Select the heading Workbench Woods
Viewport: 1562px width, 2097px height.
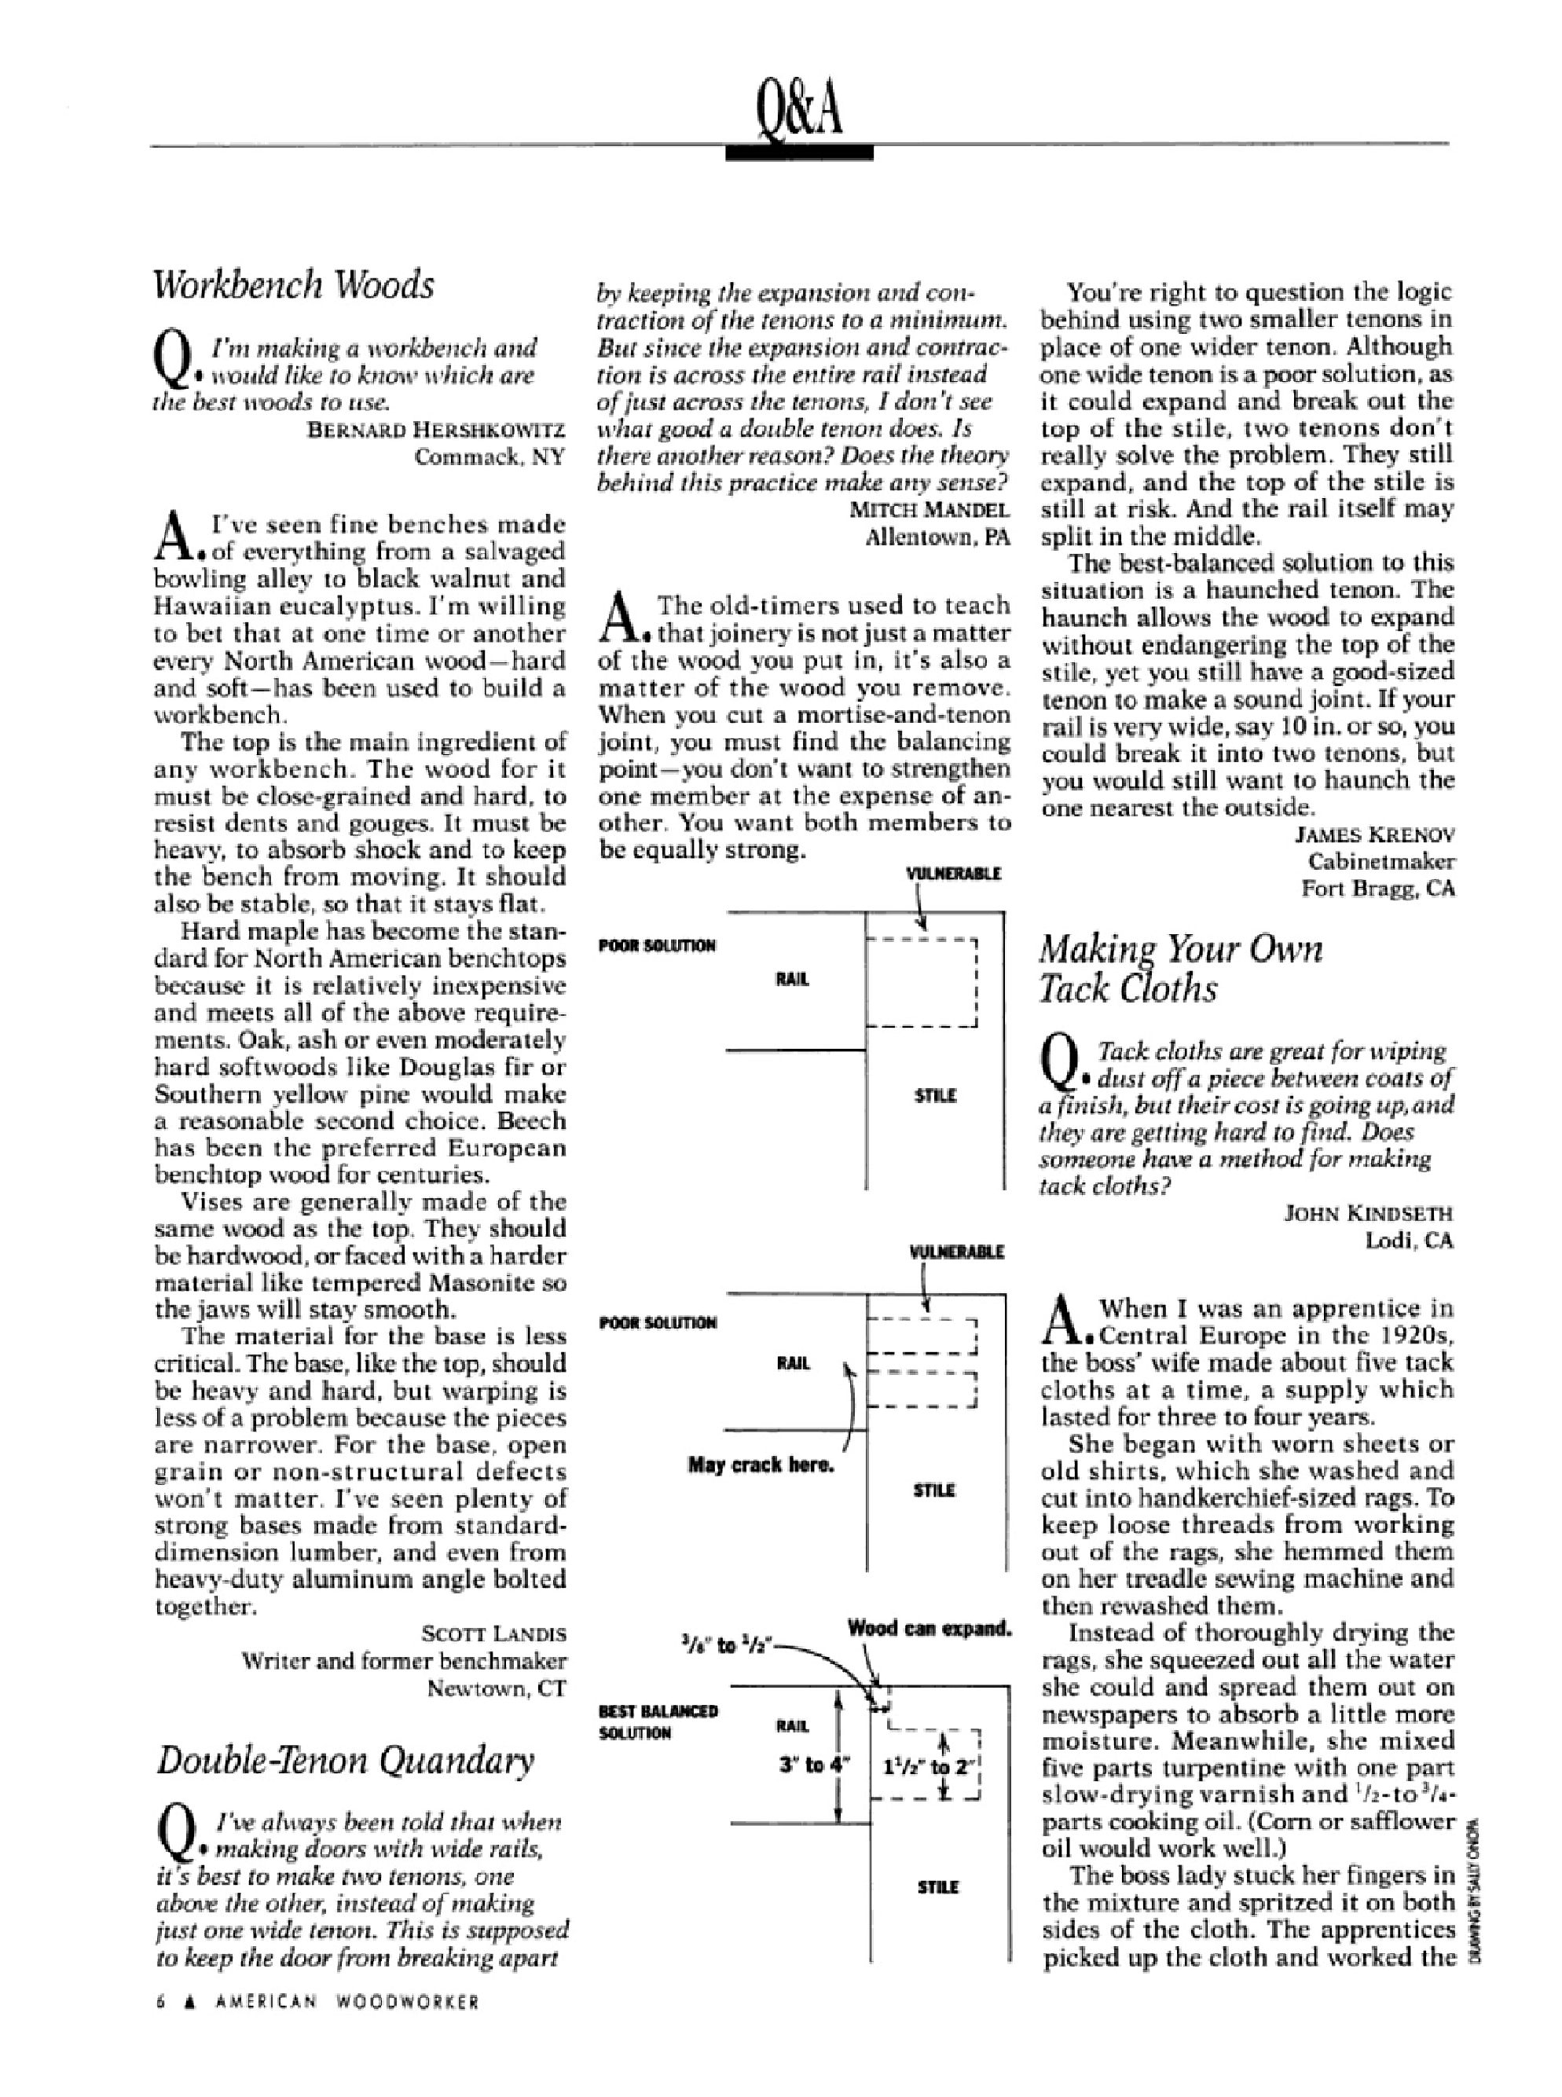pos(294,284)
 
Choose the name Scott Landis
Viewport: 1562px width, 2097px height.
pos(494,1633)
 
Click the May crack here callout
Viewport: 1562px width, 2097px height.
pos(761,1465)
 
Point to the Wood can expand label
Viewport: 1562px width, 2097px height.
pos(929,1628)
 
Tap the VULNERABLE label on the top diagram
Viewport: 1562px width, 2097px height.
pos(954,874)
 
